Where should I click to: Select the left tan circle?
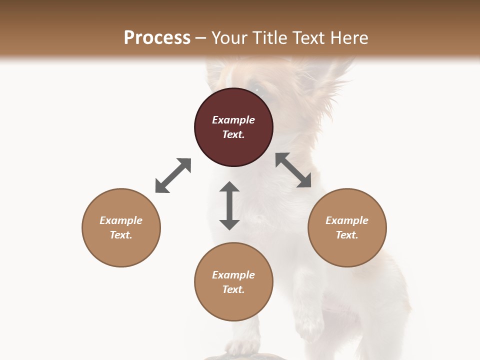coord(121,227)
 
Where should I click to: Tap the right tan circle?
coord(347,227)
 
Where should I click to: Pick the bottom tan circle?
coord(233,282)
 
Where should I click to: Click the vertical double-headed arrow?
coord(229,205)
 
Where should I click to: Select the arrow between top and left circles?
coord(173,175)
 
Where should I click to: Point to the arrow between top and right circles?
coord(293,170)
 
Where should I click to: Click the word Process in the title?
coord(157,37)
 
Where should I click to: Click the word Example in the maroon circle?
coord(233,120)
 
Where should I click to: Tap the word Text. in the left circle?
coord(121,235)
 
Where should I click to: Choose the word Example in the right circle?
coord(347,220)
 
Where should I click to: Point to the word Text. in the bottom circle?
coord(233,289)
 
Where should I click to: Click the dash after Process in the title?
coord(201,38)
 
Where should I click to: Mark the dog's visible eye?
coord(258,89)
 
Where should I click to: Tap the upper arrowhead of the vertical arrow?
coord(229,188)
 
